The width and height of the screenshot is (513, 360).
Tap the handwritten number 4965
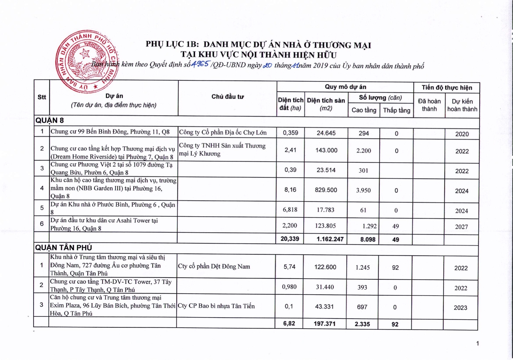(x=200, y=64)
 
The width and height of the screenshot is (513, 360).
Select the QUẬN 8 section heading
(x=50, y=120)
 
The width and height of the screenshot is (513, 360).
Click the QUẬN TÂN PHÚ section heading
(x=64, y=247)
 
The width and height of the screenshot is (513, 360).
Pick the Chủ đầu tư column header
(x=228, y=97)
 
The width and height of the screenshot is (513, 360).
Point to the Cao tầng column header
(x=364, y=110)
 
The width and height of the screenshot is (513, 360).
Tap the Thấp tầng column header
(x=397, y=110)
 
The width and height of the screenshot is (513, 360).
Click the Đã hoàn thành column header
(x=429, y=105)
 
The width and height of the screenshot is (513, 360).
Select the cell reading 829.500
(x=326, y=190)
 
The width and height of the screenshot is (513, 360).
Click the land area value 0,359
(x=290, y=133)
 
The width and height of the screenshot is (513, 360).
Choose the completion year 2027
(x=462, y=227)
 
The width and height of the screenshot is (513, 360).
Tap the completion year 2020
(x=462, y=134)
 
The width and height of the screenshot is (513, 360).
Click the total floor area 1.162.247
(x=330, y=239)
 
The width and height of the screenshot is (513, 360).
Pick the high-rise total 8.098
(x=368, y=240)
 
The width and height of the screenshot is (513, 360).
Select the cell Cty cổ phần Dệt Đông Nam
(x=214, y=266)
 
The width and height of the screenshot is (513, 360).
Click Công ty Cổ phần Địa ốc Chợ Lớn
(x=223, y=132)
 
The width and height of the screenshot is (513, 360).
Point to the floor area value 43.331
(x=325, y=306)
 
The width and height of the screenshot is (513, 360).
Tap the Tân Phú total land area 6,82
(x=289, y=323)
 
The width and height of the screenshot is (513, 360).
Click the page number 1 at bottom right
(x=477, y=343)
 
